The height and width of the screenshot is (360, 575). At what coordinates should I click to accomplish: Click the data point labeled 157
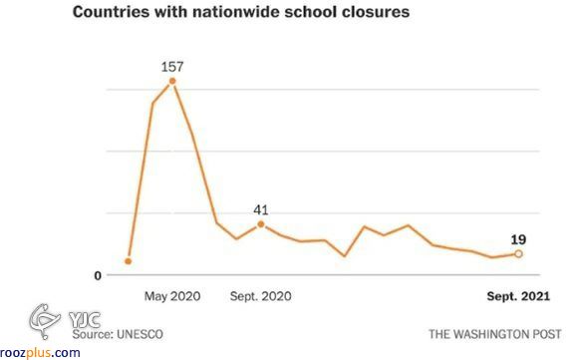[x=172, y=81]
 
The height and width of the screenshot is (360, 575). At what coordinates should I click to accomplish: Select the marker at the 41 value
[x=261, y=224]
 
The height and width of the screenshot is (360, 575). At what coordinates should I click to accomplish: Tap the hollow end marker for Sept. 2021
[x=518, y=253]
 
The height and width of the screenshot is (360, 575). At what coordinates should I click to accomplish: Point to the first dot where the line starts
[x=128, y=261]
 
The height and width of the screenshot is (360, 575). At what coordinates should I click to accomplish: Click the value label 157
[x=172, y=67]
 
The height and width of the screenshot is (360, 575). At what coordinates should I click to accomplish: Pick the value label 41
[x=261, y=210]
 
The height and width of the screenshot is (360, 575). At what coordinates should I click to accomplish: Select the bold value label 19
[x=518, y=240]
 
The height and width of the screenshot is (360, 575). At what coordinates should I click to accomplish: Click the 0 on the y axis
[x=98, y=275]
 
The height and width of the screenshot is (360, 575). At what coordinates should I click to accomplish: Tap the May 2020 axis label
[x=172, y=296]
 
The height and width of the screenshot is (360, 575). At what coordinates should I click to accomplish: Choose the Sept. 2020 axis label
[x=261, y=296]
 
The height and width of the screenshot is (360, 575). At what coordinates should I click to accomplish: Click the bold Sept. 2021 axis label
[x=518, y=296]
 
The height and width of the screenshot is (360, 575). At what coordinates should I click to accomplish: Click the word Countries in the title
[x=111, y=12]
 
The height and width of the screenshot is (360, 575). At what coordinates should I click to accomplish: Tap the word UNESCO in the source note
[x=140, y=334]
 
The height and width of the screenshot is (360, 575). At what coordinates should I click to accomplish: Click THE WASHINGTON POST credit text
[x=495, y=334]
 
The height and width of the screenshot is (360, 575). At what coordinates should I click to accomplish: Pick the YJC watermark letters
[x=85, y=320]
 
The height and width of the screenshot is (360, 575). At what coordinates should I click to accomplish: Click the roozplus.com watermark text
[x=40, y=353]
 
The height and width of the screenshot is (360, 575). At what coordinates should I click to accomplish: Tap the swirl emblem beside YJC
[x=45, y=320]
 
